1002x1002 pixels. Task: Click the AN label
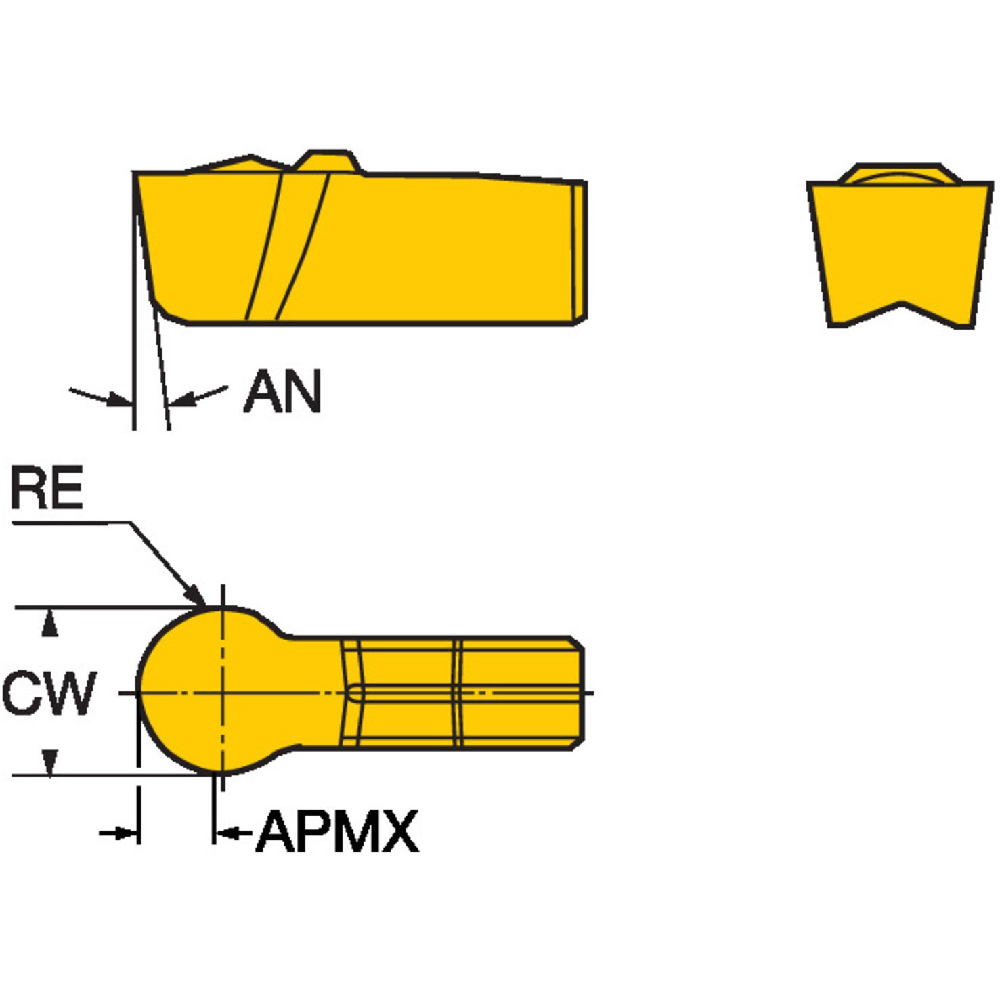point(282,392)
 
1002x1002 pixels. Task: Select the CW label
point(49,693)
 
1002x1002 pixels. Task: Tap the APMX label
point(337,831)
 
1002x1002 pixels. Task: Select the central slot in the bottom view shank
point(467,693)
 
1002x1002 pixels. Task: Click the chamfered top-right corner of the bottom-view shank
point(576,642)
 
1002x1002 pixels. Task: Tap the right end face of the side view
point(580,251)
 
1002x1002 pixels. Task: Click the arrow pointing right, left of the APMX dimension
point(119,833)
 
